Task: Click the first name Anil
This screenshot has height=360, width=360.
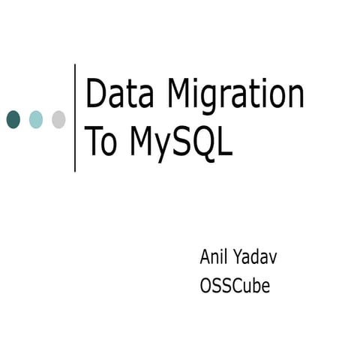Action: pyautogui.click(x=214, y=257)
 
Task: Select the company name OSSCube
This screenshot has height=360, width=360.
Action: pyautogui.click(x=235, y=285)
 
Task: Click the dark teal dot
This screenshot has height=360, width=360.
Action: pyautogui.click(x=13, y=118)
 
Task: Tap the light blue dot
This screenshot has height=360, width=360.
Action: pyautogui.click(x=36, y=118)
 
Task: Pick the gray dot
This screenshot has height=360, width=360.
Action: pyautogui.click(x=58, y=118)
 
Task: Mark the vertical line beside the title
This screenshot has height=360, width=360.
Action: pyautogui.click(x=75, y=118)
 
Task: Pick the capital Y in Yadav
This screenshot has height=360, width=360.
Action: pyautogui.click(x=241, y=257)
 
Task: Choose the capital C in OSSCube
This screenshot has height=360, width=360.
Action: pyautogui.click(x=238, y=285)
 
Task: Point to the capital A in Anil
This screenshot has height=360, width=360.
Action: pyautogui.click(x=205, y=257)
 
